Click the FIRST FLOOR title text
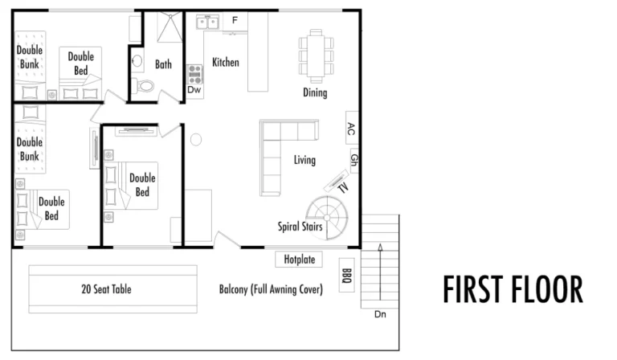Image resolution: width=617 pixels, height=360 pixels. point(513,289)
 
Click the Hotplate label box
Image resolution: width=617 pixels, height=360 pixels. point(299,260)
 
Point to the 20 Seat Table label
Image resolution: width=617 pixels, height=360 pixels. point(106,289)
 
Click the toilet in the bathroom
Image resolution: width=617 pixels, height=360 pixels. point(145,86)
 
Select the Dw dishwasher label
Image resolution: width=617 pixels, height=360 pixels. point(194,90)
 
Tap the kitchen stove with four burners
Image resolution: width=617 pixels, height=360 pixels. point(194,74)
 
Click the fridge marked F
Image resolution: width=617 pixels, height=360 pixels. point(235,20)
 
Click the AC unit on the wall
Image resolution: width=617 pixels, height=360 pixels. point(350,128)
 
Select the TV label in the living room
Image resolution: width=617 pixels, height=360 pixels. point(343,188)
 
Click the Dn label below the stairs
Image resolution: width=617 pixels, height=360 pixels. point(380,313)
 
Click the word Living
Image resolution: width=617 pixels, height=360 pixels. point(304,160)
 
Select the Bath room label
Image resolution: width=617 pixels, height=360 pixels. point(163,64)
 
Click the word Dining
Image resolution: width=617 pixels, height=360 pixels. point(315,92)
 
